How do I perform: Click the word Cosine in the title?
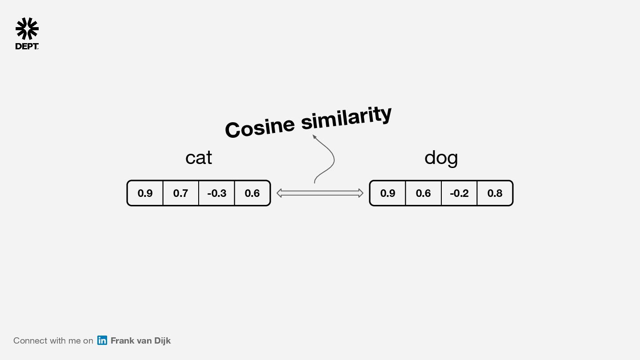[x=260, y=127]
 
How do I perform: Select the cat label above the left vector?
[x=199, y=158]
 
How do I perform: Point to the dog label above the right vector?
[x=441, y=158]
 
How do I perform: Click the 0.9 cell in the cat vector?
[x=145, y=193]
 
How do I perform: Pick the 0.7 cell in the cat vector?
[x=180, y=193]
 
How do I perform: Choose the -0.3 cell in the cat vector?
[x=216, y=193]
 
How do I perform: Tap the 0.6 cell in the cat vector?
[x=252, y=193]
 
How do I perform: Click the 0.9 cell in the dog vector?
[x=388, y=193]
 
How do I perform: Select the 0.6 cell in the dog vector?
[x=423, y=193]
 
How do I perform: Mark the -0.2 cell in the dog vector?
[x=459, y=193]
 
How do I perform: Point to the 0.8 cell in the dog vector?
[x=495, y=193]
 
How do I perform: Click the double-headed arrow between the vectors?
[x=320, y=193]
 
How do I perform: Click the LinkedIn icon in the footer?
[x=102, y=340]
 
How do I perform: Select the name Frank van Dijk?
[x=140, y=341]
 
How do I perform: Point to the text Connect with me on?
[x=53, y=341]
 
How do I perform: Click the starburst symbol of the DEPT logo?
[x=27, y=29]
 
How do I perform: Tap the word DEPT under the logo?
[x=27, y=46]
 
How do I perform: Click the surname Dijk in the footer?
[x=162, y=341]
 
